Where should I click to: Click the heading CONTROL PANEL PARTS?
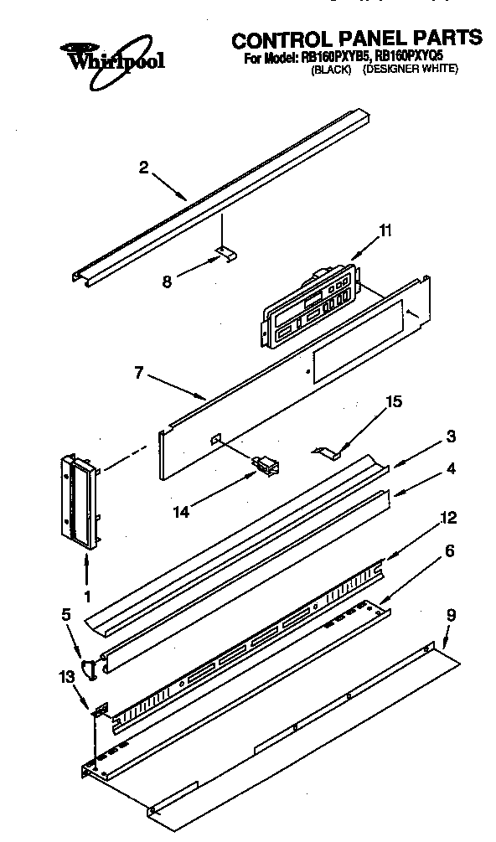356,39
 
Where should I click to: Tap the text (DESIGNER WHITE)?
410,70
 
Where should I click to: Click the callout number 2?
143,168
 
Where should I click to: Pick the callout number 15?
392,402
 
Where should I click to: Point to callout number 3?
451,436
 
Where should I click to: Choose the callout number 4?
451,469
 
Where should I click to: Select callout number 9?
451,616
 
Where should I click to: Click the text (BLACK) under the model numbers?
329,70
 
